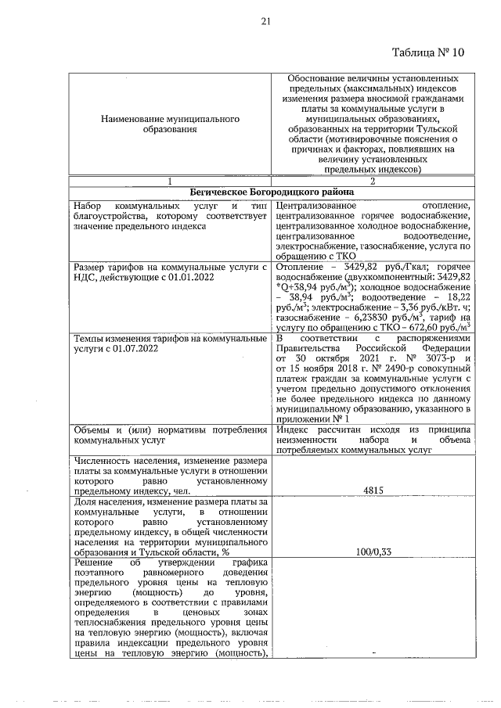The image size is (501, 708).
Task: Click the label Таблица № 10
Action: coord(426,52)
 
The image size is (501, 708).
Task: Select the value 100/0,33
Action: coord(373,552)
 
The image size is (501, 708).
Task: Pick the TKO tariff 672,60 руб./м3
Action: coord(438,328)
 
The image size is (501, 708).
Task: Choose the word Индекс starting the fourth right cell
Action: coord(294,429)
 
